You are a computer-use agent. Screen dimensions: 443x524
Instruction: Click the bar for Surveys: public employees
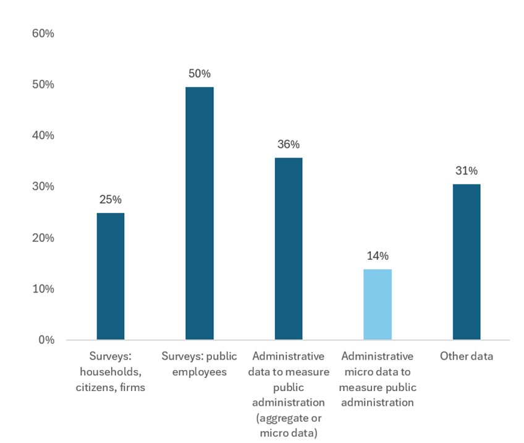[x=200, y=213]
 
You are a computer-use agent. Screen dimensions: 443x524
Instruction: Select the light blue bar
[x=377, y=304]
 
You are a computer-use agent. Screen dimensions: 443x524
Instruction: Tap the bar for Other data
[x=466, y=262]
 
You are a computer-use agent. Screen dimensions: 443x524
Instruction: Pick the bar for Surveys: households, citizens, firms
[x=111, y=277]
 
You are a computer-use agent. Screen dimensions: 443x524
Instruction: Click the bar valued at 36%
[x=289, y=249]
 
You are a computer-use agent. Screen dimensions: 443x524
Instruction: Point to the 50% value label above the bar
[x=200, y=74]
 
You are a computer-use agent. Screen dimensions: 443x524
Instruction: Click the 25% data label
[x=111, y=200]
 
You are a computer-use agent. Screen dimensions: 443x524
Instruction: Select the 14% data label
[x=377, y=256]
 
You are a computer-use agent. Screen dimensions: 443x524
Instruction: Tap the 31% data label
[x=466, y=171]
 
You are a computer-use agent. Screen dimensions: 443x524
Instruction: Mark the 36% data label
[x=289, y=145]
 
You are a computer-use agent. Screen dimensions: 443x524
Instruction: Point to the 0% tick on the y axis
[x=46, y=340]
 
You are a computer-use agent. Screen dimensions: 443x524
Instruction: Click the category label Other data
[x=466, y=356]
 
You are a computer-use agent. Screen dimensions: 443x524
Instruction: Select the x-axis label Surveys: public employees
[x=200, y=364]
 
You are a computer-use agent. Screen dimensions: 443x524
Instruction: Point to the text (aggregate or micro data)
[x=289, y=426]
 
